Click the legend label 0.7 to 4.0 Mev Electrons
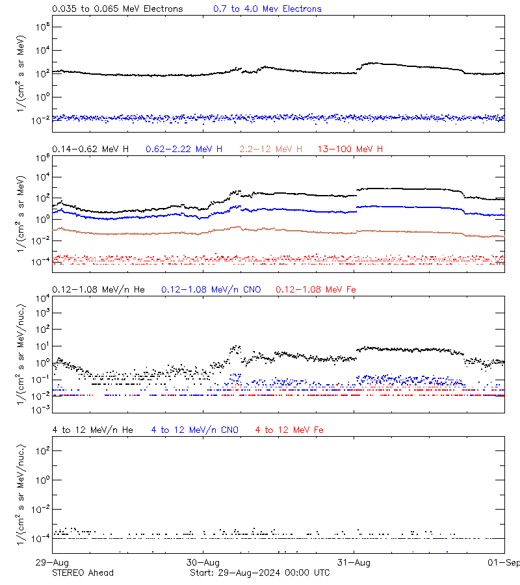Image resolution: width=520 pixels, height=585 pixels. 267,9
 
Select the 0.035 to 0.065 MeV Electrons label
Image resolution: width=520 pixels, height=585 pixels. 117,9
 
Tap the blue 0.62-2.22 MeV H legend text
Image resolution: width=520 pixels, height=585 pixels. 184,149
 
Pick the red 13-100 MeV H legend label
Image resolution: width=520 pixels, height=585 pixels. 350,149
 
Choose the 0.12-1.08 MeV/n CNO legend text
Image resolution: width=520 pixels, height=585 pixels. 211,289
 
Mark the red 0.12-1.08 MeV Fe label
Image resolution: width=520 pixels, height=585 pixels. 316,289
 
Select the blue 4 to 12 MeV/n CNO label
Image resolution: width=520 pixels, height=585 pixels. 195,430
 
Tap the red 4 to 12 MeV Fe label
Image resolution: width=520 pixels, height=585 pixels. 289,430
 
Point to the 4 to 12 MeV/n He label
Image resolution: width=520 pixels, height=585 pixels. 92,430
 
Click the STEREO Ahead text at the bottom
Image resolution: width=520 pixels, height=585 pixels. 83,573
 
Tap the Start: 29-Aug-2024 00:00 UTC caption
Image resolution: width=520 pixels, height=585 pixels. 259,573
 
